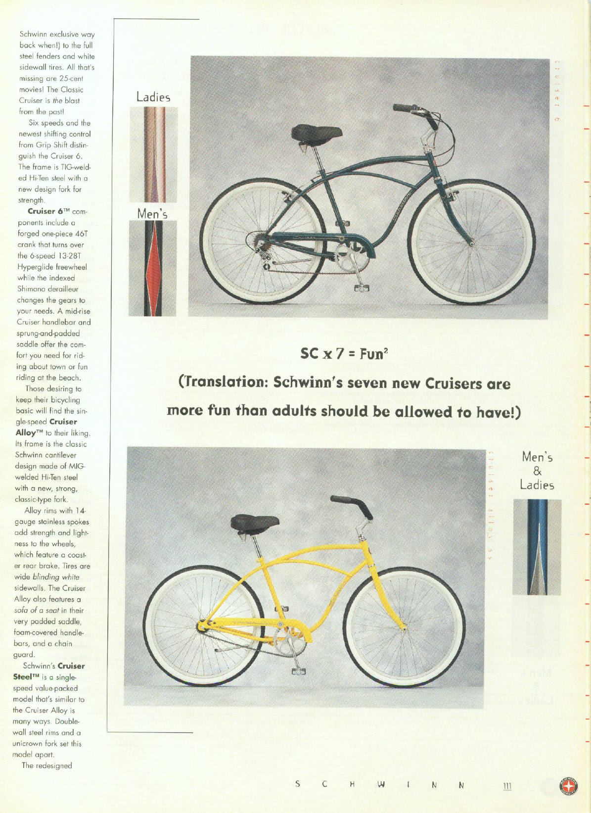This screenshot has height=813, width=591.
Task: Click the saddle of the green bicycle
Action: click(317, 134)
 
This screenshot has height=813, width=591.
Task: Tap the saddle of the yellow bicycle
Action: click(255, 523)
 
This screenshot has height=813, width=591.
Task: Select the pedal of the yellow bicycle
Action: click(299, 671)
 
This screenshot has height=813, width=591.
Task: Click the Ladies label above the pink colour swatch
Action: click(153, 97)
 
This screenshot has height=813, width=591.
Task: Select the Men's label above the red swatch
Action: click(152, 214)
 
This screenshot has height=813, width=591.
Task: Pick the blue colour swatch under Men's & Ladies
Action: click(537, 547)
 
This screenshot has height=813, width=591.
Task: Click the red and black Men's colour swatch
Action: click(152, 268)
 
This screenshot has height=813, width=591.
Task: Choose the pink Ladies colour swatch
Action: click(153, 154)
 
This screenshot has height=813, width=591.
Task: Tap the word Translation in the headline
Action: click(221, 383)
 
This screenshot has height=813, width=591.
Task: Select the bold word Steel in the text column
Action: click(23, 677)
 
